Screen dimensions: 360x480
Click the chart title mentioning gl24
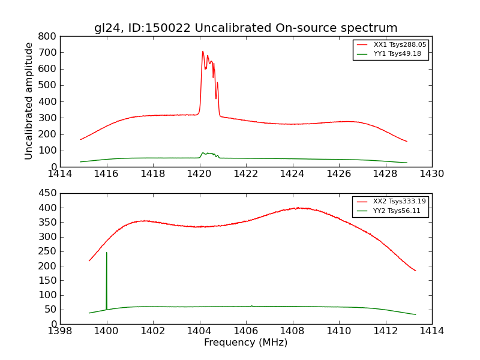coord(245,28)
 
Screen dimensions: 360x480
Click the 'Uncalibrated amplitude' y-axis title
coord(29,101)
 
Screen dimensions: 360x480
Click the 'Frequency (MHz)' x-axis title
coord(245,343)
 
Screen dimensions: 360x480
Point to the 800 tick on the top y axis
coord(48,36)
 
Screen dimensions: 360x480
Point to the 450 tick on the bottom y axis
coord(48,193)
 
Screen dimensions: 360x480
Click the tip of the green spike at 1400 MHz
coord(107,253)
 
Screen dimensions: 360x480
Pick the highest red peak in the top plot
coord(203,52)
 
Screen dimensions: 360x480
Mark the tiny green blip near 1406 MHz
coord(251,305)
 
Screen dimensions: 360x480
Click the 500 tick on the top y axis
coord(48,85)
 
